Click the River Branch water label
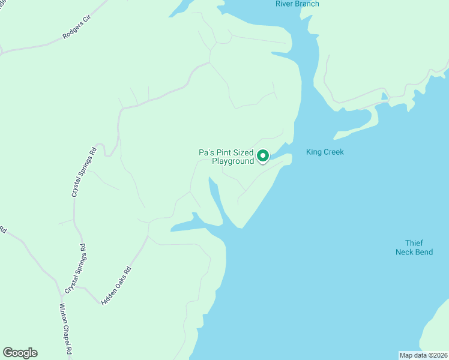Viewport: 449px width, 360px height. [297, 4]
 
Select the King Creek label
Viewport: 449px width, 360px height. [325, 152]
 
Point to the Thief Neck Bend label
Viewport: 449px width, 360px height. [414, 247]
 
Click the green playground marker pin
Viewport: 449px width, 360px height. [263, 156]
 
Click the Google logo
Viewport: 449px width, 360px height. [20, 353]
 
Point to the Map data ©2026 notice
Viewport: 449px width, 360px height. [423, 355]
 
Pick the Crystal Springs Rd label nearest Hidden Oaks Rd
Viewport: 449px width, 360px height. [76, 268]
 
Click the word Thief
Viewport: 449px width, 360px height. [414, 243]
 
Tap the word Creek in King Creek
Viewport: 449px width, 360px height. [333, 152]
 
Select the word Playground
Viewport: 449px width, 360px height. [233, 161]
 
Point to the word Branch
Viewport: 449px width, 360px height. [308, 4]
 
